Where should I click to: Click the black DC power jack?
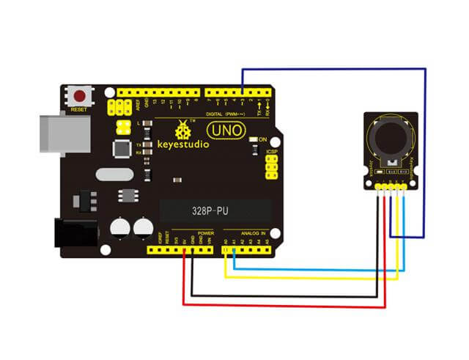tap(76, 233)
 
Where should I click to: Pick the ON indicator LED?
tap(253, 139)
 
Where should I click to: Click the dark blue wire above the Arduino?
tap(333, 68)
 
